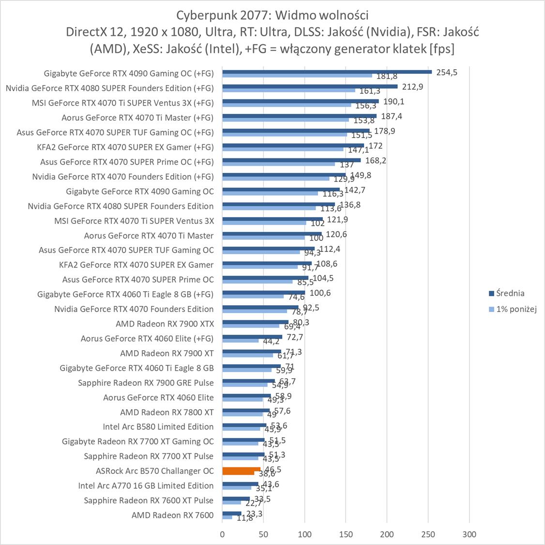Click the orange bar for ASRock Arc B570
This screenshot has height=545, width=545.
241,469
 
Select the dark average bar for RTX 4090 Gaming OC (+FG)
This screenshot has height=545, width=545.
327,72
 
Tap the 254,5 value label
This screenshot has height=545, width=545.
446,72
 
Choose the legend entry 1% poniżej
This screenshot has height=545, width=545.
516,309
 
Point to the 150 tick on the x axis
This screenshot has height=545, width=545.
346,534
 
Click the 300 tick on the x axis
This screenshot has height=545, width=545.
469,534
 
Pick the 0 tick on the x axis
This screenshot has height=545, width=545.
222,534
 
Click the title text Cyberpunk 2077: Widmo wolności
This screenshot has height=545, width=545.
272,15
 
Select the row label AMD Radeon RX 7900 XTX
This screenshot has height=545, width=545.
165,324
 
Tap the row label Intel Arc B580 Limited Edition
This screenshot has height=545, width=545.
158,427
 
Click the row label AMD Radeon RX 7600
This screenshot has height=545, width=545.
172,515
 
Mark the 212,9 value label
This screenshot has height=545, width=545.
412,87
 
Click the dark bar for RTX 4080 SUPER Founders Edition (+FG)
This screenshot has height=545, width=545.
310,86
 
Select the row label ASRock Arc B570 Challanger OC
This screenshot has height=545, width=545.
154,471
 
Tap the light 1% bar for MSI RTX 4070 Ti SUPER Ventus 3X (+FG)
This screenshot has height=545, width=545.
287,105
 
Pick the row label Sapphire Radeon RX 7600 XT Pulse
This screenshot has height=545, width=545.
149,500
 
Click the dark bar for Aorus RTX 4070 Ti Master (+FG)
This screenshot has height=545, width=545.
299,116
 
